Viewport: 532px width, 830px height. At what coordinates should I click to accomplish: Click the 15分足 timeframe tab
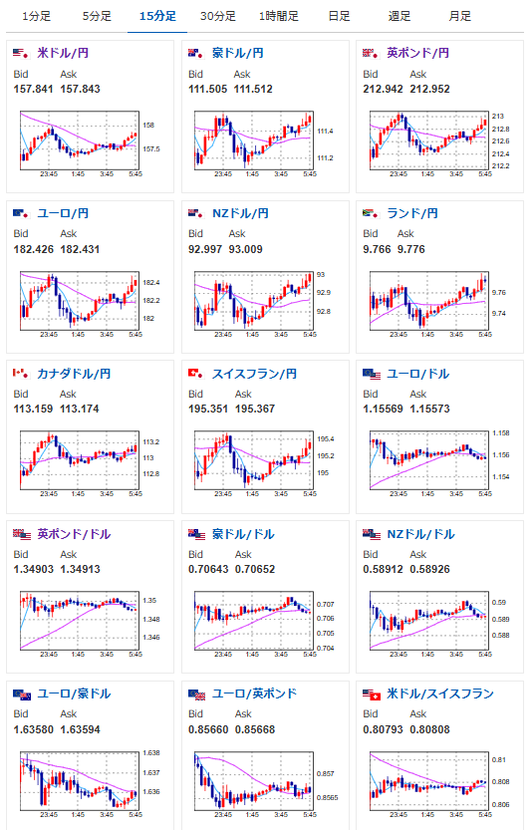click(157, 16)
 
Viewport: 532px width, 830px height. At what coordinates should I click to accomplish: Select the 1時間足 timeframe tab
click(278, 16)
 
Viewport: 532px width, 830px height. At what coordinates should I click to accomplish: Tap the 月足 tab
click(459, 16)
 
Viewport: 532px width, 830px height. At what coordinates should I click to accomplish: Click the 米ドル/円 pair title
click(63, 53)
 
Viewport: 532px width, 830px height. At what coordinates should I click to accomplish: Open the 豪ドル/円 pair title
click(238, 53)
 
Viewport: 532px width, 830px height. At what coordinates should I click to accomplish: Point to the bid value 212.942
click(383, 89)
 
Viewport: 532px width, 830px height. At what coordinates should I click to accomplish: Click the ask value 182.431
click(80, 249)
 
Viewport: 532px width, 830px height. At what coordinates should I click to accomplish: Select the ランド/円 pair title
click(412, 213)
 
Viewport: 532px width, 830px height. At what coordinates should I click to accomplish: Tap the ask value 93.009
click(246, 249)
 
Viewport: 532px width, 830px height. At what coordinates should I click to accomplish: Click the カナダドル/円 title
click(74, 374)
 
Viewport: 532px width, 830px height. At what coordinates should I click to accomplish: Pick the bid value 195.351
click(208, 410)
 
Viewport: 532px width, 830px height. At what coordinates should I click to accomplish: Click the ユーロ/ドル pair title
click(418, 374)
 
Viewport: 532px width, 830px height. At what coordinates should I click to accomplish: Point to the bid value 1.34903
click(33, 570)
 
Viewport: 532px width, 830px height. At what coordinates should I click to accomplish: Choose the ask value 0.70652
click(255, 570)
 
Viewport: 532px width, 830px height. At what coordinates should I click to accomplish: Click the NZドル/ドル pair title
click(420, 534)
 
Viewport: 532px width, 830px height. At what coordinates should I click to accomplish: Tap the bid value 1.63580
click(33, 730)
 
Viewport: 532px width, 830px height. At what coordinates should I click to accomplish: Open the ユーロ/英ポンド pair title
click(255, 693)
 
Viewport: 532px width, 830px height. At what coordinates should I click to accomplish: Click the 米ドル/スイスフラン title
click(440, 693)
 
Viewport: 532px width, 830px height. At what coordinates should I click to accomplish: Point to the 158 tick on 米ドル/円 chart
click(148, 126)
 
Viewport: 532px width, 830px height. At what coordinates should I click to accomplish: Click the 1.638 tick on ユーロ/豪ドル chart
click(150, 752)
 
